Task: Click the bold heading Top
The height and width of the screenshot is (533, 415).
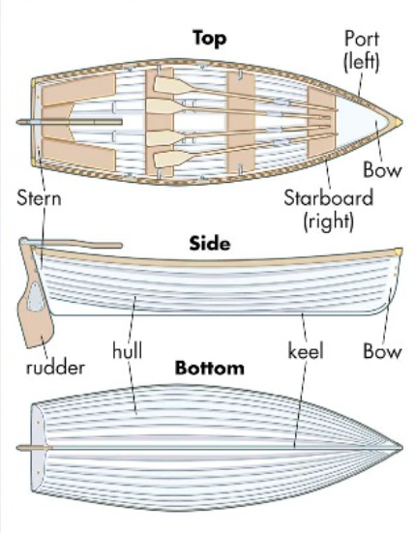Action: (x=209, y=38)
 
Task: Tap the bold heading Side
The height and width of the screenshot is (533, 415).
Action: (x=209, y=244)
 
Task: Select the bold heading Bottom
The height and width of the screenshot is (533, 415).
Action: (x=209, y=368)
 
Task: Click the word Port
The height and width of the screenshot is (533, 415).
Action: (x=361, y=39)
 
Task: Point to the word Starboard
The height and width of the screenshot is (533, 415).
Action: (x=328, y=198)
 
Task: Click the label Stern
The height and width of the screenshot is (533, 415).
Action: (x=39, y=198)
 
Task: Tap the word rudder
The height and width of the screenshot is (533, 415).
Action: (x=55, y=368)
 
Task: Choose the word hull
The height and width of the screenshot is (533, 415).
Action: (x=127, y=351)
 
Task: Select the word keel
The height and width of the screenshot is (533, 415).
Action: (x=306, y=351)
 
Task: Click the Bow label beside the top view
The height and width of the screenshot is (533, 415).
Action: (x=382, y=170)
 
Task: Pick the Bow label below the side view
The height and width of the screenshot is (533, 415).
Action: (x=382, y=351)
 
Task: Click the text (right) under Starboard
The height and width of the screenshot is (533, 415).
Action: (x=328, y=221)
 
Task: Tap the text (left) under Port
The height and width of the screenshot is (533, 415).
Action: (x=361, y=62)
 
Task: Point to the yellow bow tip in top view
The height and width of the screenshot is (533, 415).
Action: (x=398, y=122)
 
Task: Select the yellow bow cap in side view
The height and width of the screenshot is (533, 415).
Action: (x=398, y=252)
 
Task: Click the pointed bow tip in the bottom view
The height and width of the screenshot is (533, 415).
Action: (x=401, y=448)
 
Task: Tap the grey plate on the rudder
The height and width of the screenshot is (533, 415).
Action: (x=35, y=296)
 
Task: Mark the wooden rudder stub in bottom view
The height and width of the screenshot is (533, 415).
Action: (x=34, y=448)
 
